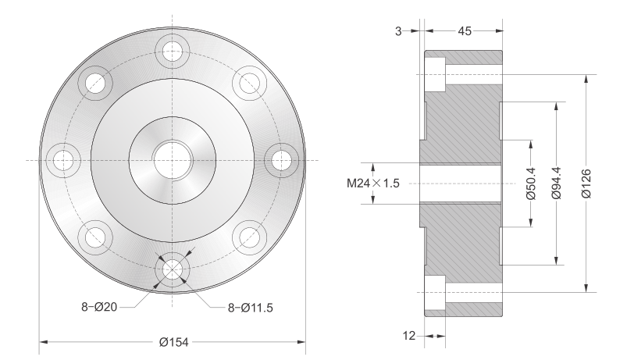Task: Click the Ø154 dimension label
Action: pyautogui.click(x=173, y=342)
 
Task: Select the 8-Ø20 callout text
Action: pyautogui.click(x=99, y=307)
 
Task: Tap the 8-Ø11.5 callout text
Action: pyautogui.click(x=251, y=308)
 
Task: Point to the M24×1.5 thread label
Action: pyautogui.click(x=373, y=184)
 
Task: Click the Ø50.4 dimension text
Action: pyautogui.click(x=531, y=184)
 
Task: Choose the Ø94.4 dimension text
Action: pyautogui.click(x=557, y=184)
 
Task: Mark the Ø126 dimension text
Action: pyautogui.click(x=586, y=184)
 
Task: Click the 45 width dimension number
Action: pyautogui.click(x=465, y=30)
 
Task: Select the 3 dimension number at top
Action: pyautogui.click(x=398, y=30)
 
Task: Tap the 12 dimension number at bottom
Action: pyautogui.click(x=409, y=336)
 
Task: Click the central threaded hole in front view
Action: pyautogui.click(x=173, y=160)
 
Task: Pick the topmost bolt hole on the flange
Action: pyautogui.click(x=173, y=52)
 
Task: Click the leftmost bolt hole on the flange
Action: pyautogui.click(x=63, y=160)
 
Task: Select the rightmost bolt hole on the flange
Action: pyautogui.click(x=282, y=160)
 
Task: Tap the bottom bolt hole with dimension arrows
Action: pyautogui.click(x=173, y=269)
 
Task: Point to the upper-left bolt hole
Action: pyautogui.click(x=95, y=84)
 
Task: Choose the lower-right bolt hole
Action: pyautogui.click(x=250, y=237)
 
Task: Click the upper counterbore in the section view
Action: pyautogui.click(x=435, y=75)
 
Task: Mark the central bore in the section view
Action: pyautogui.click(x=460, y=184)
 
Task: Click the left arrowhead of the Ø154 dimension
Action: pyautogui.click(x=44, y=342)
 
